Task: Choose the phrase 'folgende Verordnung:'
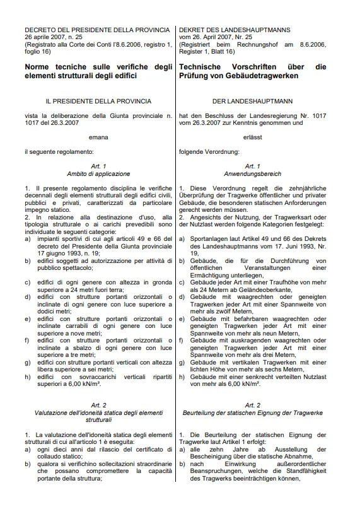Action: [209, 152]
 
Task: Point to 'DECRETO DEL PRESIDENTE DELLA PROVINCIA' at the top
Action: [96, 30]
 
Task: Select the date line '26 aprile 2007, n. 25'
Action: [55, 37]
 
